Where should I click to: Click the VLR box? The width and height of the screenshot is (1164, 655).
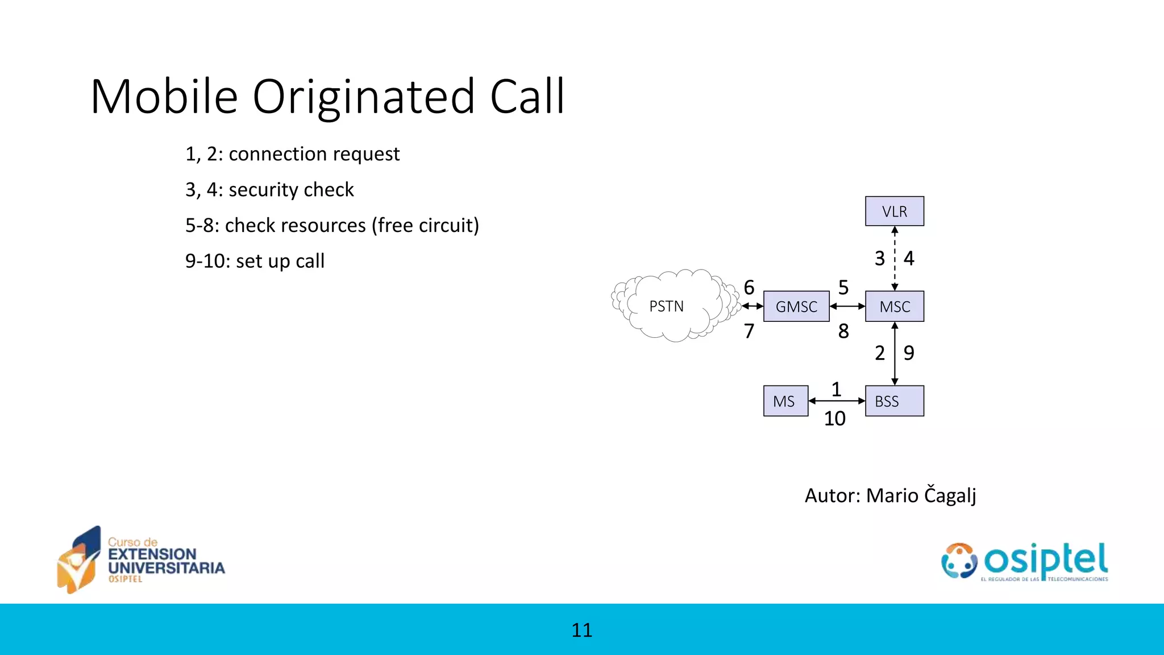894,212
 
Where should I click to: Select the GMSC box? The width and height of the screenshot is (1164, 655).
796,306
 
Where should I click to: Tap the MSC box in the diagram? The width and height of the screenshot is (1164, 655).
894,306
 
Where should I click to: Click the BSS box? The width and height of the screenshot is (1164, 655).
894,401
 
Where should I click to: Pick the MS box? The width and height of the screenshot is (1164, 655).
785,401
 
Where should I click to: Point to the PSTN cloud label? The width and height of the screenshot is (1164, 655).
666,306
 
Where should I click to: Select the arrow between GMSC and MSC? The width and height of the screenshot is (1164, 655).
847,306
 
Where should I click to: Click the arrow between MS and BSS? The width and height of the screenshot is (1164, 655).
836,401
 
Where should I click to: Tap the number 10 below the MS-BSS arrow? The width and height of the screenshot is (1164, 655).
834,419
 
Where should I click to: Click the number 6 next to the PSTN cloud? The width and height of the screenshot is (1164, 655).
749,288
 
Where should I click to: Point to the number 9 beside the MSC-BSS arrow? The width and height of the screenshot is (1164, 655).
909,353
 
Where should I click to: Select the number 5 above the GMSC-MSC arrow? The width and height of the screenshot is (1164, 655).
843,288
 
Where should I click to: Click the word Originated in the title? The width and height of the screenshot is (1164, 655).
363,97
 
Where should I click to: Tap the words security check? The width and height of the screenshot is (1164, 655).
291,190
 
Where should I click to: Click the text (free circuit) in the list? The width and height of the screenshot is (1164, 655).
425,226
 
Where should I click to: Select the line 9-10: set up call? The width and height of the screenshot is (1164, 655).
255,261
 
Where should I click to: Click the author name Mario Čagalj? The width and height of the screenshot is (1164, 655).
921,495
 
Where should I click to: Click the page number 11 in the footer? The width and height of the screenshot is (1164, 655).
581,630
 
